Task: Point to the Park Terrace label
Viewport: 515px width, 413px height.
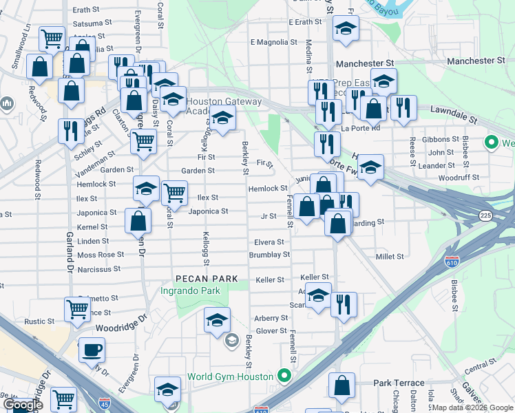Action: pos(392,383)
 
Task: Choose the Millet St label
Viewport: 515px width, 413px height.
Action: pos(390,257)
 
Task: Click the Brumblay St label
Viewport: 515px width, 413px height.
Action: pos(269,255)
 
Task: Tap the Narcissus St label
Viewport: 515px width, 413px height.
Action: pos(98,269)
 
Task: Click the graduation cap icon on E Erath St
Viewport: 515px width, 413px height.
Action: pos(346,28)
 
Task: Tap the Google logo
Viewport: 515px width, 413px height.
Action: pos(23,405)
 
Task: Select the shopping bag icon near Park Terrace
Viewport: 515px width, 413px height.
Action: pos(341,387)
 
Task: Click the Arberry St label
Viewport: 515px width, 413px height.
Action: pos(271,318)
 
